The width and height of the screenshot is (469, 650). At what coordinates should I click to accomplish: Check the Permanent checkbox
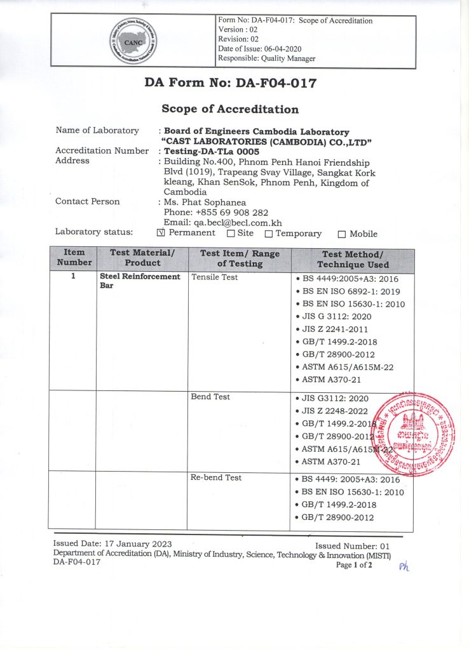[x=160, y=233]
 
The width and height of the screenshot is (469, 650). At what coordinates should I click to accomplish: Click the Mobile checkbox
[x=342, y=234]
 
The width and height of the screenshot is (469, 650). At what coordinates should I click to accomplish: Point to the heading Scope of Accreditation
[x=229, y=109]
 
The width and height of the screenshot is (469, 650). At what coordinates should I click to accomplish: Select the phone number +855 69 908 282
[x=231, y=212]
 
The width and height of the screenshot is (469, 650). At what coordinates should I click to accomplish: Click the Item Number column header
[x=74, y=258]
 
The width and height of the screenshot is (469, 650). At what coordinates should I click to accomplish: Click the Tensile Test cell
[x=214, y=278]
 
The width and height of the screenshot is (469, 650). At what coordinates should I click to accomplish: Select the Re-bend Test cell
[x=216, y=477]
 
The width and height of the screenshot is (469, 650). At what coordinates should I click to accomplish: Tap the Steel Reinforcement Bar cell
[x=140, y=281]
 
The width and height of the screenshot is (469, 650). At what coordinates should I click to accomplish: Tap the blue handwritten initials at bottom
[x=404, y=567]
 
